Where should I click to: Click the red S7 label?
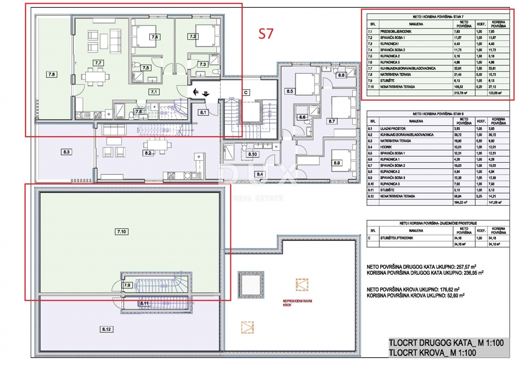[x=265, y=34]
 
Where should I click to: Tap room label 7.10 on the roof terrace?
[x=122, y=232]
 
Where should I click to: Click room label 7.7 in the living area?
[x=98, y=63]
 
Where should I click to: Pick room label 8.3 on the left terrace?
[x=66, y=152]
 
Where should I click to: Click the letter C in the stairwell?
[x=246, y=92]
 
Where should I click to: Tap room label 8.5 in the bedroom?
[x=290, y=91]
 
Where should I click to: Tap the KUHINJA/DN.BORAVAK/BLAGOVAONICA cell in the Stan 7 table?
[x=408, y=68]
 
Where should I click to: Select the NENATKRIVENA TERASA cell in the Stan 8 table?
[x=397, y=196]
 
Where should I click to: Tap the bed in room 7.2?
[x=202, y=35]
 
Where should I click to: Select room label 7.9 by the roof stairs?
[x=127, y=285]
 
